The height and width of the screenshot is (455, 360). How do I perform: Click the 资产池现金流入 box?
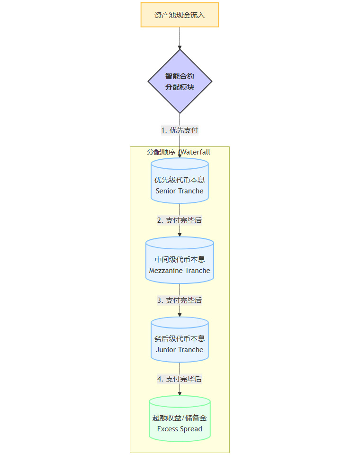pyautogui.click(x=180, y=15)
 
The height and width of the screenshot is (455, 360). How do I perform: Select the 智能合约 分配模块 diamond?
pyautogui.click(x=180, y=82)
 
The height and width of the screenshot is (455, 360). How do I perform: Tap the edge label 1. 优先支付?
pyautogui.click(x=180, y=130)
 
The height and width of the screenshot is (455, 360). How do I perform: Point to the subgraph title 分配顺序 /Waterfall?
pyautogui.click(x=179, y=152)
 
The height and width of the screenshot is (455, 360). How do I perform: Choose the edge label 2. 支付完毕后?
pyautogui.click(x=180, y=220)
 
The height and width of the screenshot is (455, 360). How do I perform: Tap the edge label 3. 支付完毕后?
pyautogui.click(x=180, y=300)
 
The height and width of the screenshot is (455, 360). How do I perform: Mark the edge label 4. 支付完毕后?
pyautogui.click(x=180, y=379)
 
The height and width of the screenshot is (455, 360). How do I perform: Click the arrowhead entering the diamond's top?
pyautogui.click(x=180, y=47)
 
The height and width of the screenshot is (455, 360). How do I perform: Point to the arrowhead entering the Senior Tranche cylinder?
pyautogui.click(x=180, y=155)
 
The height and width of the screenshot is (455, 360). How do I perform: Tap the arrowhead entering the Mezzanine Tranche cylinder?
pyautogui.click(x=180, y=235)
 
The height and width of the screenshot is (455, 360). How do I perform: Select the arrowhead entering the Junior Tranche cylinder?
pyautogui.click(x=180, y=314)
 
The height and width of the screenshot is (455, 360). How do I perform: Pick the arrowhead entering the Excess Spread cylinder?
pyautogui.click(x=180, y=393)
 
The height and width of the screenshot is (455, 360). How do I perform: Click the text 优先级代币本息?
pyautogui.click(x=180, y=181)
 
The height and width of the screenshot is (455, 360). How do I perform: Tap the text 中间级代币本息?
pyautogui.click(x=180, y=260)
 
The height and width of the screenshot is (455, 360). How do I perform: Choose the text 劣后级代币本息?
pyautogui.click(x=180, y=339)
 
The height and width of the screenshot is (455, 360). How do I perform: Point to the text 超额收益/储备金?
pyautogui.click(x=180, y=419)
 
